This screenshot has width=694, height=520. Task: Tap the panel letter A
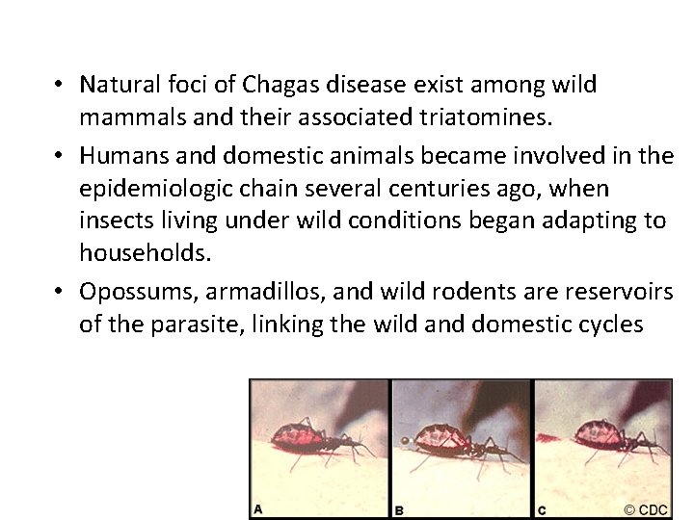point(258,507)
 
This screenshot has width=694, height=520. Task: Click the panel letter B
point(399,508)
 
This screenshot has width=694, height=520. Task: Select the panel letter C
point(541,507)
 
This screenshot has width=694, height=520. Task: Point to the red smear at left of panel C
point(547,438)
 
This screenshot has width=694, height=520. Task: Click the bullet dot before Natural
point(60,85)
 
